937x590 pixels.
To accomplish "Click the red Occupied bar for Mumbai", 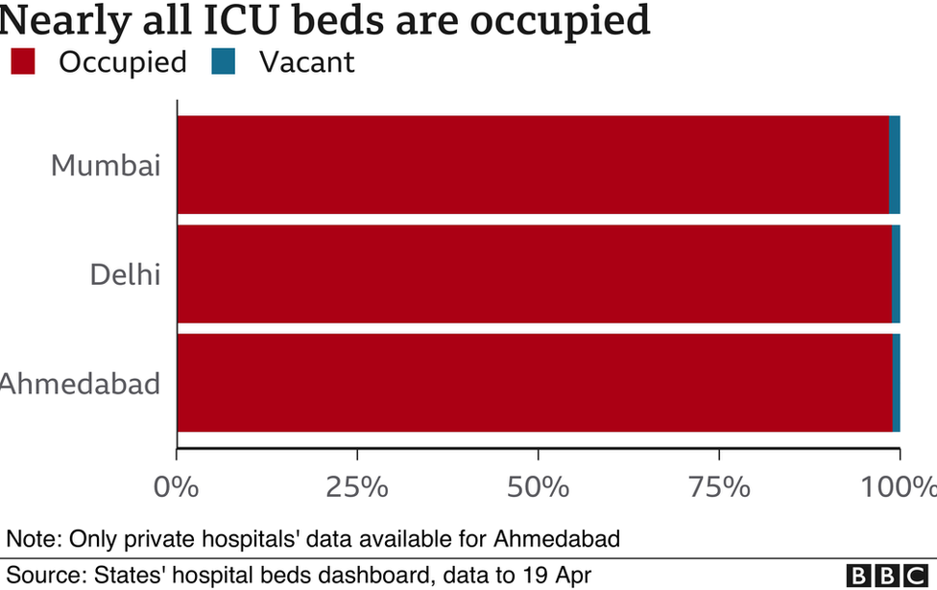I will click(x=533, y=165).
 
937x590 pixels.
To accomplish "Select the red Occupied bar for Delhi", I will click(x=533, y=274).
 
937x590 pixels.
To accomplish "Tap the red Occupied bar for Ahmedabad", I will click(x=533, y=383).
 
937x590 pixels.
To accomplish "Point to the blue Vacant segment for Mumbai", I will click(x=895, y=165).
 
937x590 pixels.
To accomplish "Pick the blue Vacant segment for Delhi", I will click(x=896, y=274).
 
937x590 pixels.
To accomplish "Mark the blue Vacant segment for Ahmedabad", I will click(x=897, y=383).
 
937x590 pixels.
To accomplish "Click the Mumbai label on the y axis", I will click(x=105, y=165).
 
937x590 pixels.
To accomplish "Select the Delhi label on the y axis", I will click(x=125, y=274).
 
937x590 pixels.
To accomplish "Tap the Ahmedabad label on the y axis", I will click(x=81, y=384).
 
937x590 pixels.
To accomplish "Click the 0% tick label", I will click(x=177, y=487).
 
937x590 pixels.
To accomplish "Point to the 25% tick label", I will click(x=357, y=487).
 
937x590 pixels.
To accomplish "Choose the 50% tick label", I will click(x=539, y=487).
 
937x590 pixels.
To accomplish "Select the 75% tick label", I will click(x=719, y=487).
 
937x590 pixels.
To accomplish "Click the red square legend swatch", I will click(x=23, y=63).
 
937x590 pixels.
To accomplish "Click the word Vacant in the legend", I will click(x=307, y=63).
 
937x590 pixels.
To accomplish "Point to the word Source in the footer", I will click(x=46, y=576).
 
